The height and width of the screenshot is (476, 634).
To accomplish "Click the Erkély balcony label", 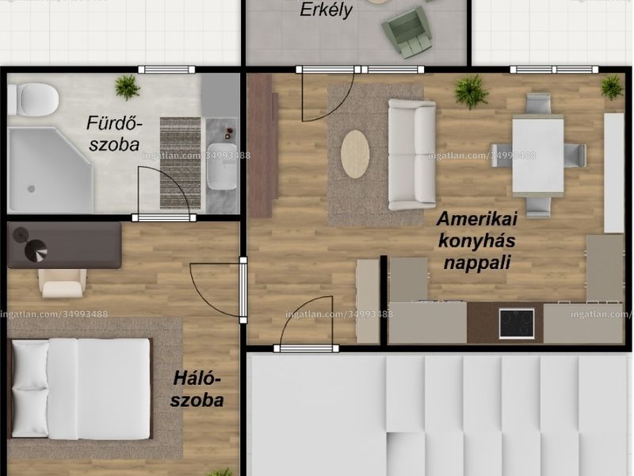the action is (x=326, y=10).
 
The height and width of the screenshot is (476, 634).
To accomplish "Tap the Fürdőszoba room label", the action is (x=114, y=133).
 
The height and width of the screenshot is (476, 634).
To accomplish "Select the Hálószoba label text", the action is (x=197, y=390).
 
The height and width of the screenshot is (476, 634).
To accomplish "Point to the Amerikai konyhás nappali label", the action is (x=477, y=240).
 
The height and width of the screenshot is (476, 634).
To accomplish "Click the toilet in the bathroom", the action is (x=33, y=100).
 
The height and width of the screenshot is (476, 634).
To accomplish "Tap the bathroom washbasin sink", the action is (x=222, y=167).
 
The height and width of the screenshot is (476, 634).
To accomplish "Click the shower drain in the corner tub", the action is (x=31, y=189).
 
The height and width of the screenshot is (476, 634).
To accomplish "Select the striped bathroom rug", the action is (x=181, y=163).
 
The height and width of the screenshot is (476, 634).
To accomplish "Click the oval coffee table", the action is (x=355, y=154).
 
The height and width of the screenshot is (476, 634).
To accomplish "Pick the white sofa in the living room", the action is (x=412, y=155).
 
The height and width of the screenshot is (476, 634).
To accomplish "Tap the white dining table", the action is (x=538, y=155).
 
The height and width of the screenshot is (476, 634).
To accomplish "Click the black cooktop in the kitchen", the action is (x=517, y=324).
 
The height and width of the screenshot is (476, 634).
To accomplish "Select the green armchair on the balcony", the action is (x=407, y=33).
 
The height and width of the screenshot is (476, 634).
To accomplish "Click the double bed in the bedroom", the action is (x=80, y=389).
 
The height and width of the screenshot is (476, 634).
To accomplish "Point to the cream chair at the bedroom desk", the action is (x=63, y=283).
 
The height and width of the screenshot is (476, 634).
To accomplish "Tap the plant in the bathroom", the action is (x=128, y=87).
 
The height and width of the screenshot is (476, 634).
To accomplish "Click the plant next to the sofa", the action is (x=472, y=92).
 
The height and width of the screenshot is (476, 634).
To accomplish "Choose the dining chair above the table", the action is (x=539, y=104).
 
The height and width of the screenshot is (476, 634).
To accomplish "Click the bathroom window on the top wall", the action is (x=166, y=70).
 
